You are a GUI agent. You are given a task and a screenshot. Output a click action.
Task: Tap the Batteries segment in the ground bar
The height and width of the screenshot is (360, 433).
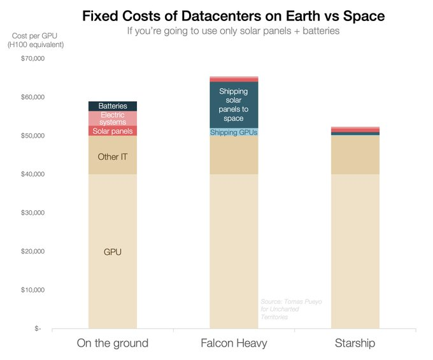[x=113, y=106]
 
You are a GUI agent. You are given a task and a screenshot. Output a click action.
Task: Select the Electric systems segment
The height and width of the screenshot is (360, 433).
[x=113, y=118]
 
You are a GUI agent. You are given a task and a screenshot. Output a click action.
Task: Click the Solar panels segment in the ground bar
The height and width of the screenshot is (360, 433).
[x=113, y=131]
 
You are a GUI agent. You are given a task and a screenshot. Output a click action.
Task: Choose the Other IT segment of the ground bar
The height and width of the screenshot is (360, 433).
[x=113, y=156]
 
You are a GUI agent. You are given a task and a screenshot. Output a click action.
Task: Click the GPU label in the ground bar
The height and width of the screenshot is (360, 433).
[x=113, y=252]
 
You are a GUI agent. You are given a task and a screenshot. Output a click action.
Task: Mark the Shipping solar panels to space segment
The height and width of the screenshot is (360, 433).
[x=234, y=105]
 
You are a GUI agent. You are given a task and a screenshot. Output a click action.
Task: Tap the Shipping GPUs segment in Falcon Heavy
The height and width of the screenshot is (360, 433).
[x=234, y=132]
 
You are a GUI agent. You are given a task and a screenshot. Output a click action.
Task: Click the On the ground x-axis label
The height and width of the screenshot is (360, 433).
[x=113, y=343]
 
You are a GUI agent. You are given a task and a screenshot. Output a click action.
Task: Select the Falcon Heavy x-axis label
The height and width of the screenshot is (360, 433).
[x=234, y=343]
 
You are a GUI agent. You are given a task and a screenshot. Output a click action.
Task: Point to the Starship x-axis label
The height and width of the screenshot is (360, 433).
[x=355, y=343]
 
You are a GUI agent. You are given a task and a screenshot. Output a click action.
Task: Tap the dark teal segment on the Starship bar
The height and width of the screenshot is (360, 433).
[x=355, y=133]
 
